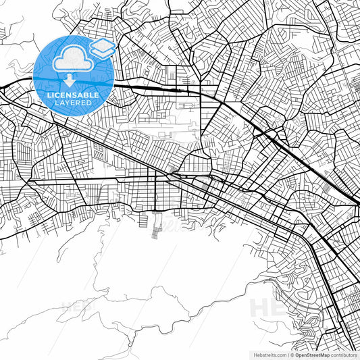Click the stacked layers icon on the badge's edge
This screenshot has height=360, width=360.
[103, 47]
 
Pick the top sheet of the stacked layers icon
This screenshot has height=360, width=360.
[103, 44]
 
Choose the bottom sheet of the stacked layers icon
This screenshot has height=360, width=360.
[103, 52]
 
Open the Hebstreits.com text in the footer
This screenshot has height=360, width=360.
[267, 354]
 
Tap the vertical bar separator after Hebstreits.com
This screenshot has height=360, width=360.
[286, 354]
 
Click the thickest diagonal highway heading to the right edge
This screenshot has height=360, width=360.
[317, 169]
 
